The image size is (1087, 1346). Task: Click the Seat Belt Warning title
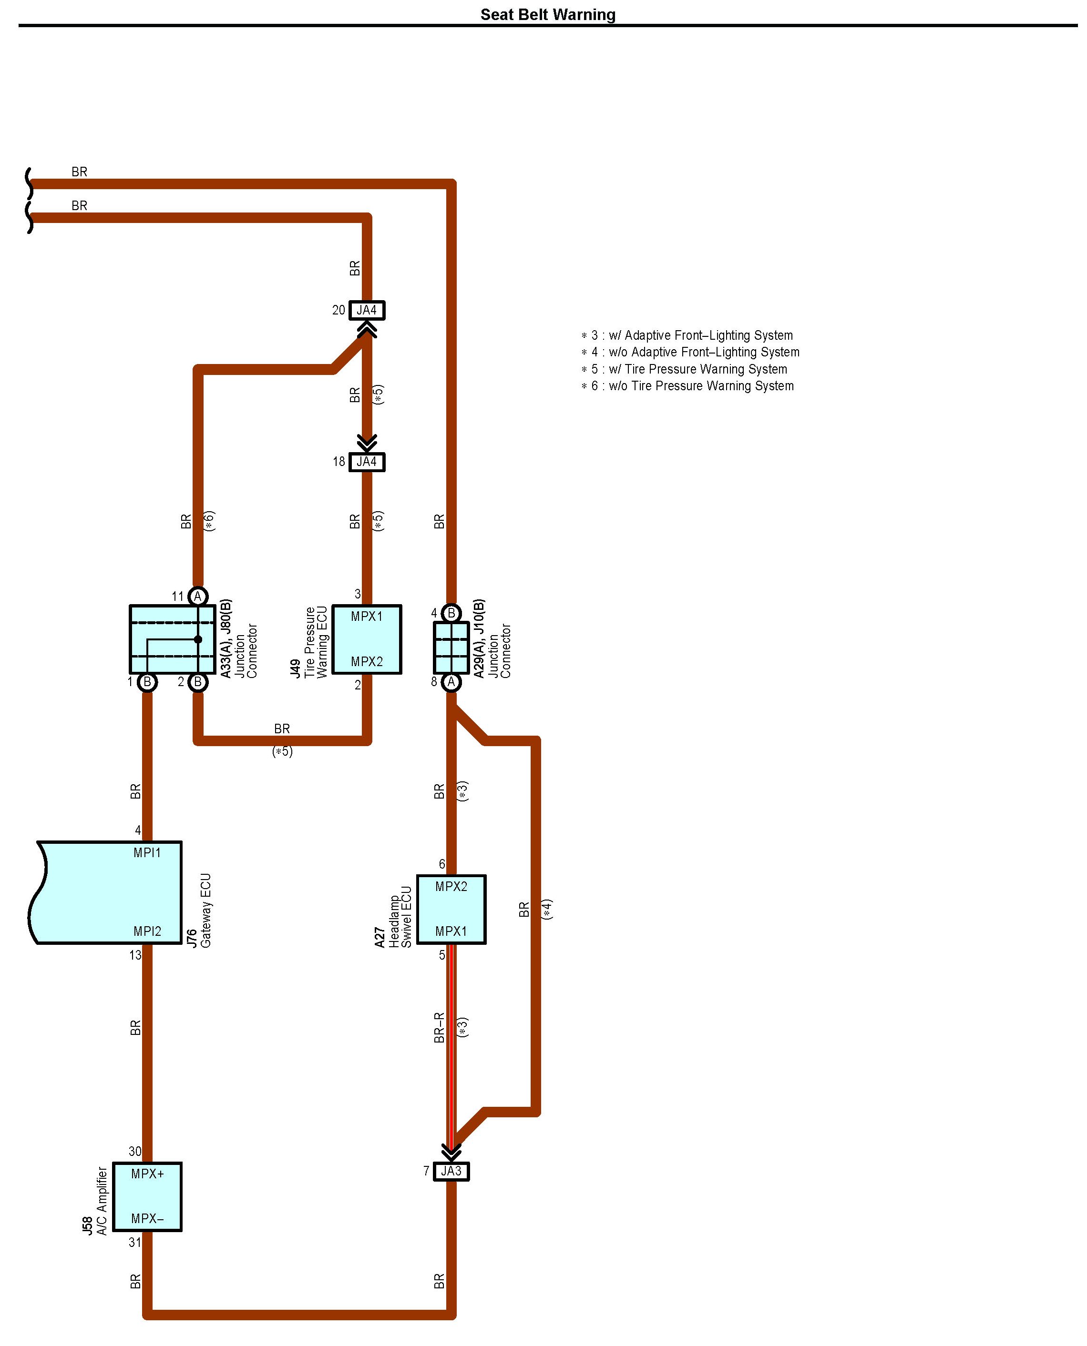(547, 14)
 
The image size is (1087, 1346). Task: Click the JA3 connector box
(451, 1171)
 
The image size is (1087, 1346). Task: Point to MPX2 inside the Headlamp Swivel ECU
(451, 886)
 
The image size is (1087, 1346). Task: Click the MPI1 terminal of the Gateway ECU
(147, 852)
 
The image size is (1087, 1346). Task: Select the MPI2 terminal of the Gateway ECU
(147, 931)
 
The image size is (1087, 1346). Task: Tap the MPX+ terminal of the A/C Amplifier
(147, 1174)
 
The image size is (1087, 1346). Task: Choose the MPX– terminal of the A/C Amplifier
(147, 1218)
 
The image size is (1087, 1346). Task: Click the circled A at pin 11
(198, 597)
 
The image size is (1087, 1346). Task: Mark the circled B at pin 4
(451, 613)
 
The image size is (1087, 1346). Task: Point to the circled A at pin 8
(451, 682)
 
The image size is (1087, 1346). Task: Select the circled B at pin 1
(147, 682)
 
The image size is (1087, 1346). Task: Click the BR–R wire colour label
(439, 1028)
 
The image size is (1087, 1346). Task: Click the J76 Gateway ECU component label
(199, 911)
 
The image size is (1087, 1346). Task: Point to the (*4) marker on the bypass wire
(547, 909)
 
